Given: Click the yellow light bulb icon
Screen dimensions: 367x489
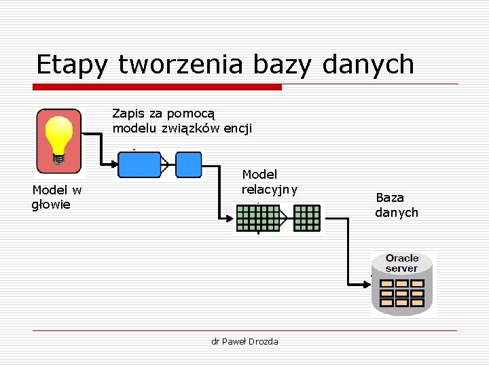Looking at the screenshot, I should click(58, 139).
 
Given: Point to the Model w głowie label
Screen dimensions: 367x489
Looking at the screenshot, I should click(56, 197).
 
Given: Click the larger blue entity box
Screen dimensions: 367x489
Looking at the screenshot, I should click(139, 164).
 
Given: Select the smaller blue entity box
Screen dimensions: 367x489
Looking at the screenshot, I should click(189, 164).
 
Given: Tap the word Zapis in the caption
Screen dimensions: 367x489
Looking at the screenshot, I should click(128, 113).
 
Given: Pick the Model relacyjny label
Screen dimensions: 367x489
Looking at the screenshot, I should click(269, 182).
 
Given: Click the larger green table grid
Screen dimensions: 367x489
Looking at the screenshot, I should click(258, 218).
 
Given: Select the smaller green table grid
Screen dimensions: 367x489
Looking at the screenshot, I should click(307, 218).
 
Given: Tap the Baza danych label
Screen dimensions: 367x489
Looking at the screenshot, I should click(397, 205).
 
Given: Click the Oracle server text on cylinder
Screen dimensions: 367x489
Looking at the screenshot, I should click(402, 263).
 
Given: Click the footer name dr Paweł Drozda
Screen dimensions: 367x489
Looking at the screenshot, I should click(244, 341).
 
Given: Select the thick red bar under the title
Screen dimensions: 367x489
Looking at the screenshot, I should click(158, 87).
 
